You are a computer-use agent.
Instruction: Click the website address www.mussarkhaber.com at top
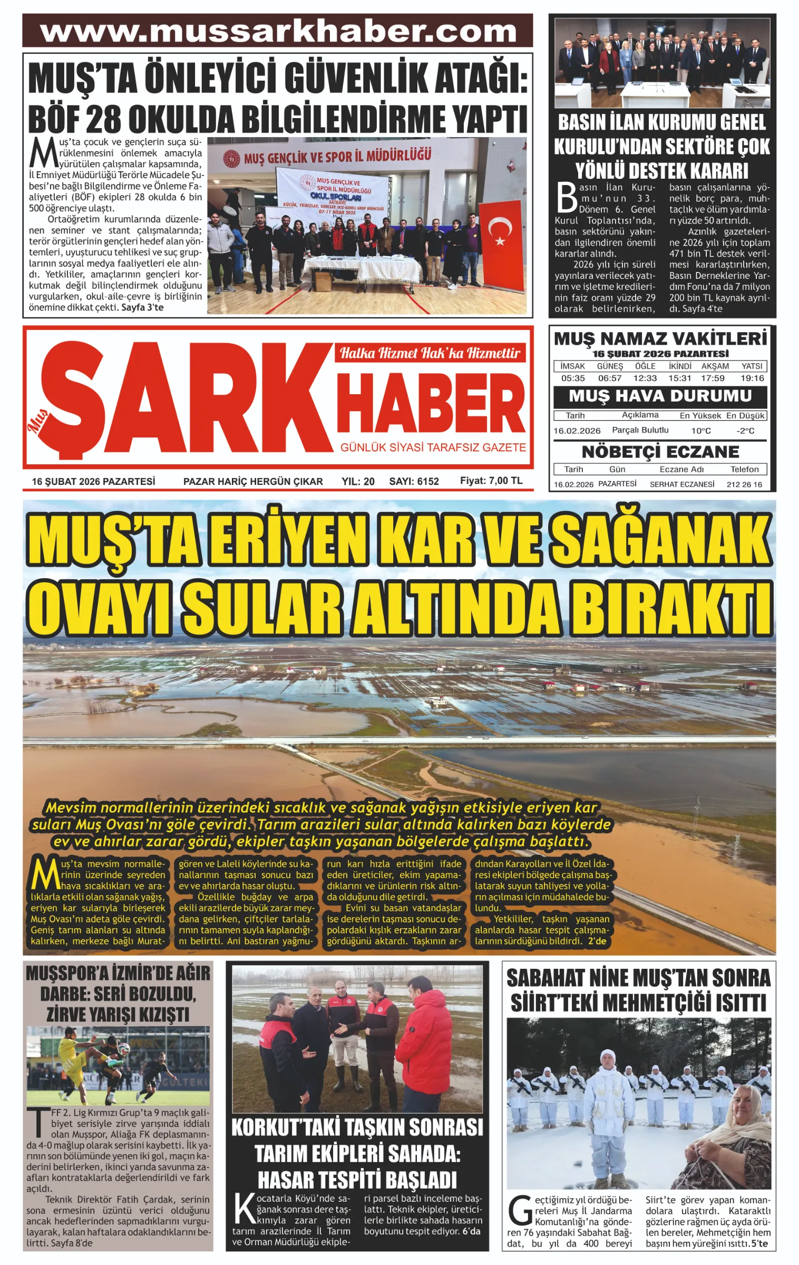[x=278, y=31]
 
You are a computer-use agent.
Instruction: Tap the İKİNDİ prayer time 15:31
[x=679, y=378]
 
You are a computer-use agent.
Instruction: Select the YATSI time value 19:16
[x=752, y=378]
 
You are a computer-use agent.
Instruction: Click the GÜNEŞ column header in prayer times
[x=610, y=366]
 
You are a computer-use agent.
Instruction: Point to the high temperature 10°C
[x=700, y=431]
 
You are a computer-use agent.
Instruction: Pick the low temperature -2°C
[x=745, y=431]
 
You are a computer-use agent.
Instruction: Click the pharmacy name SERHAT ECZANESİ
[x=681, y=484]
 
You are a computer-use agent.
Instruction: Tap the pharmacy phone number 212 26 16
[x=744, y=484]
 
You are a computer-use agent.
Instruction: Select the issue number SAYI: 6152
[x=414, y=481]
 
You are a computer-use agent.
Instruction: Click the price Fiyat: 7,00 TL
[x=491, y=481]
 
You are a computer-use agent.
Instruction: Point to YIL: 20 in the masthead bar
[x=358, y=481]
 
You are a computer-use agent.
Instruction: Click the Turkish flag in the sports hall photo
[x=503, y=245]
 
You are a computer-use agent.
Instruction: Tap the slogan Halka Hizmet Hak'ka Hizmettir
[x=430, y=353]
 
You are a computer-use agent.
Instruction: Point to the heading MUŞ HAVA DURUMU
[x=660, y=396]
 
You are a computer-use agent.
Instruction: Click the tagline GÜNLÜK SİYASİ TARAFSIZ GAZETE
[x=433, y=447]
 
